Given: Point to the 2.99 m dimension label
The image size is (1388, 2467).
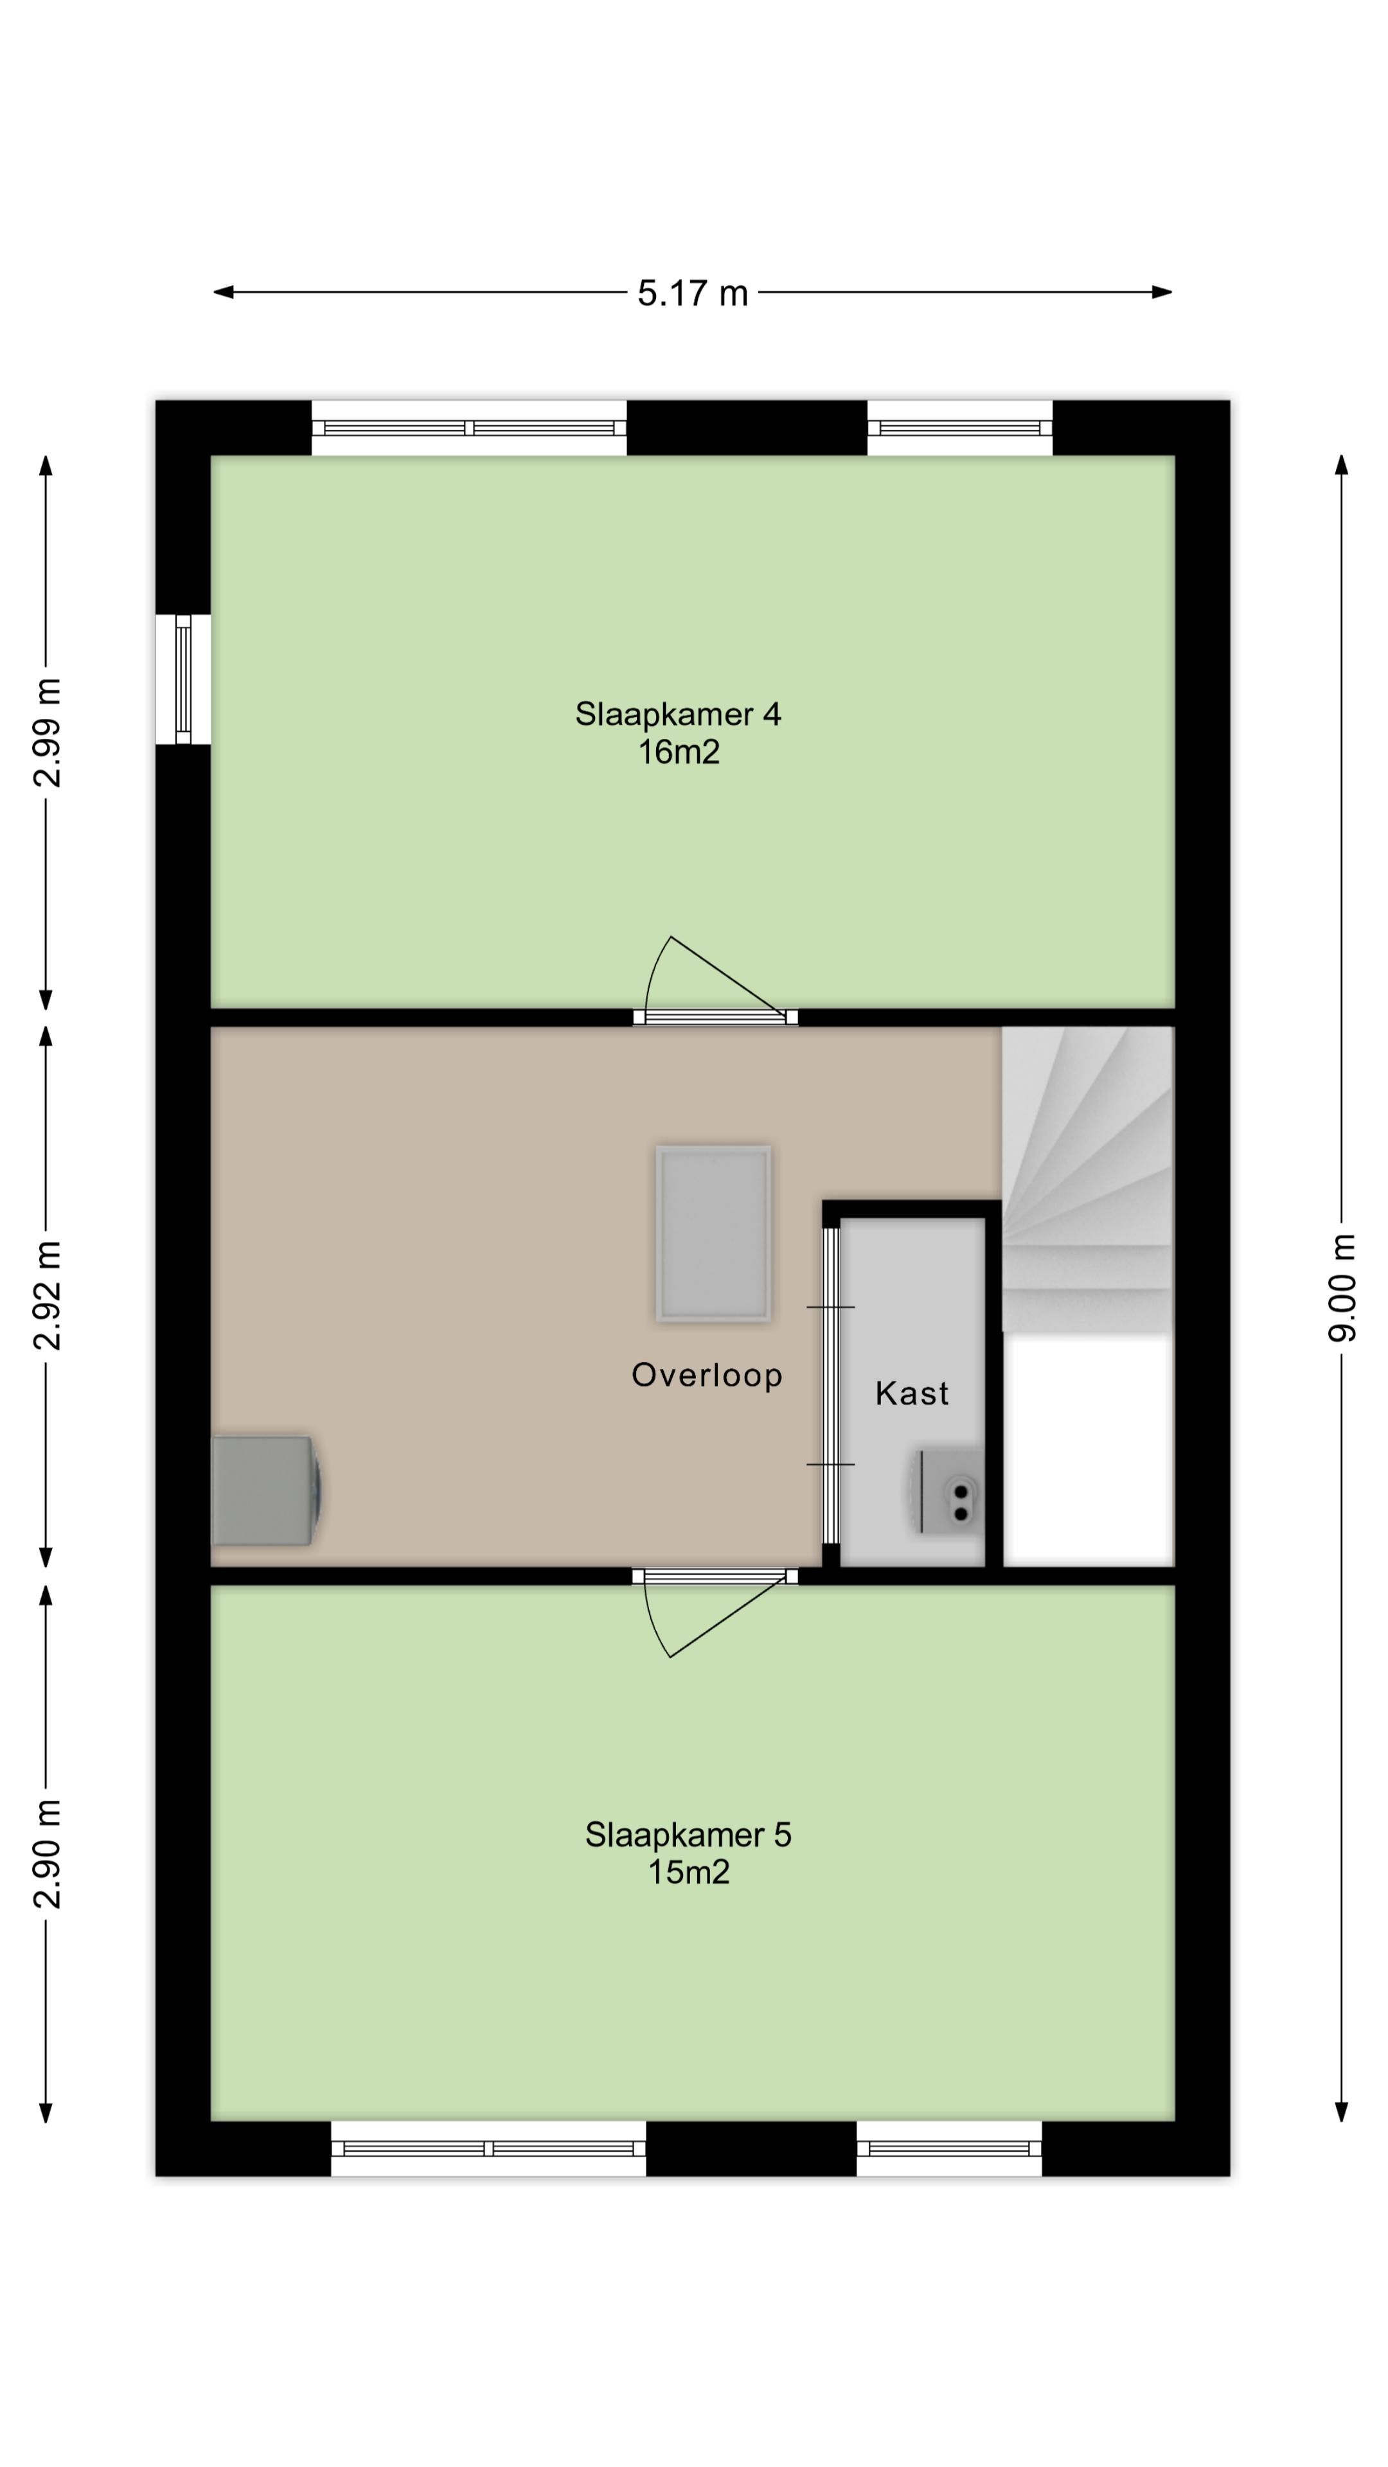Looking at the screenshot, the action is coord(47,732).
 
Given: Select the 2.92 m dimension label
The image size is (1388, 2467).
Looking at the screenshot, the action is coord(47,1295).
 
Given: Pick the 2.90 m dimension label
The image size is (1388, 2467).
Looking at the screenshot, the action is coord(47,1853).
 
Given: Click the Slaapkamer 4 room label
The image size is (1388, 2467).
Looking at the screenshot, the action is coord(677,714).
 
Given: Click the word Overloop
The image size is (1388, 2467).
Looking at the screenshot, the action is coord(707,1375).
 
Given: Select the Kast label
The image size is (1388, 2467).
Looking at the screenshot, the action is coord(912,1393).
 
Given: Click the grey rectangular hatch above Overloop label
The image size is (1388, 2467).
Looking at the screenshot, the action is coord(713,1233).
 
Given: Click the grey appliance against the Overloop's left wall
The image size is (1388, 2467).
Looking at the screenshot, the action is coord(266,1490).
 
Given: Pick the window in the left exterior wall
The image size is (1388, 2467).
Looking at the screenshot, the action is coord(183,679).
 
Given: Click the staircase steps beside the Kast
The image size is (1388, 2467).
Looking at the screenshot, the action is coord(1087,1179).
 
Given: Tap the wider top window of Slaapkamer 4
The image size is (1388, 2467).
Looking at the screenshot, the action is coord(469,428).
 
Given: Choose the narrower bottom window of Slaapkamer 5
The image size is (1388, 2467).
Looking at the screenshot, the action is coord(949,2149).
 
